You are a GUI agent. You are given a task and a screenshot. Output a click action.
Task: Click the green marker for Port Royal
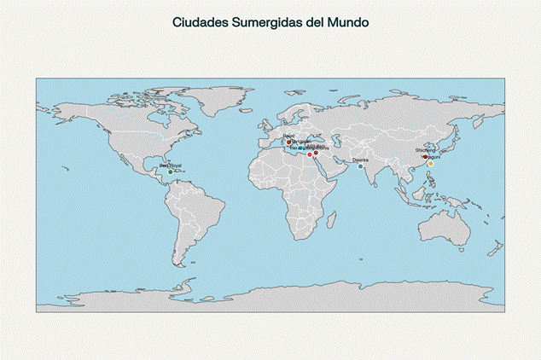171,172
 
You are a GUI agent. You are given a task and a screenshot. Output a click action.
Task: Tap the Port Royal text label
171,165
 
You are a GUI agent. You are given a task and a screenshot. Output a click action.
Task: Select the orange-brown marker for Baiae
289,142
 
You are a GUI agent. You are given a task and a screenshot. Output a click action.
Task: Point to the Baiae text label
288,135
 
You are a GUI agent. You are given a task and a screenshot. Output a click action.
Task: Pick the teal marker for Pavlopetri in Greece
301,148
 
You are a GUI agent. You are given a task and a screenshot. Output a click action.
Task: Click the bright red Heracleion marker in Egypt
310,154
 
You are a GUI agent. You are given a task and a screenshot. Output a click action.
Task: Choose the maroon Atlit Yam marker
316,153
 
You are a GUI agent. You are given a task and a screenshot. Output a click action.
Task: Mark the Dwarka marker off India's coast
361,165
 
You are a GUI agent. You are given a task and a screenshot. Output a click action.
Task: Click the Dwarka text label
361,160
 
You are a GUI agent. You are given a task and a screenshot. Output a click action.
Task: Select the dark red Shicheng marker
425,156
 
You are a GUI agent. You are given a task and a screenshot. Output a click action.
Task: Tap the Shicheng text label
425,150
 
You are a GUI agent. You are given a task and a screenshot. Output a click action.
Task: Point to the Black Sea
317,136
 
